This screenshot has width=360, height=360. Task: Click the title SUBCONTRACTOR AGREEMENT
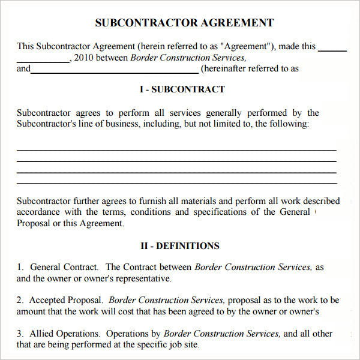click(184, 23)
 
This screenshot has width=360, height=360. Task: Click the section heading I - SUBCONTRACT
click(182, 89)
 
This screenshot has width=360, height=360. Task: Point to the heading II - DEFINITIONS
click(180, 245)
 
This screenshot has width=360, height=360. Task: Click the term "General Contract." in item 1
click(64, 267)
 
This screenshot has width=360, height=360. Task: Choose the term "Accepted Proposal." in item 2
click(66, 300)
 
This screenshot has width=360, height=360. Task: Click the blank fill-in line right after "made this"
click(332, 50)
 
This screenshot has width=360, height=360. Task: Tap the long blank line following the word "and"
click(114, 72)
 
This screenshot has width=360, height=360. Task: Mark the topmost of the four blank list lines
click(176, 150)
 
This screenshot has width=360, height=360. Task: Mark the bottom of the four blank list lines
click(176, 184)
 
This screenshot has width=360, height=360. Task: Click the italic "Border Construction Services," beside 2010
click(188, 58)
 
